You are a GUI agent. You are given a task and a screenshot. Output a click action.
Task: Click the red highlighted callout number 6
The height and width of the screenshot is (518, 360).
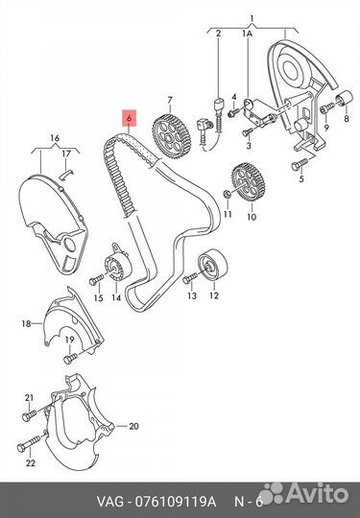[129, 118]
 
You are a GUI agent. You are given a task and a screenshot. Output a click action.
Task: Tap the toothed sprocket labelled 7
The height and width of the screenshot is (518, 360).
[172, 137]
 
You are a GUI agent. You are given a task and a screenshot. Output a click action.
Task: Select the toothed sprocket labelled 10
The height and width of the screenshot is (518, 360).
[249, 183]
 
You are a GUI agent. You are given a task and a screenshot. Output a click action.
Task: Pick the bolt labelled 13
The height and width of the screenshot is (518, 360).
[190, 278]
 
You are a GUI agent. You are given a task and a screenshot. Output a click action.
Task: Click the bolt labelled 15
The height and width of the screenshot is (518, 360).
[97, 280]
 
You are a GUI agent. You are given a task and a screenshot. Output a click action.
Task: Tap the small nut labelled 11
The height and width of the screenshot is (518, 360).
[228, 194]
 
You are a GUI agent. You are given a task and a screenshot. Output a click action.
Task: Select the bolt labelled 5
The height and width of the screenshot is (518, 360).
[300, 164]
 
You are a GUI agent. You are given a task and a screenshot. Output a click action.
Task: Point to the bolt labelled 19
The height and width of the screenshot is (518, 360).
[70, 358]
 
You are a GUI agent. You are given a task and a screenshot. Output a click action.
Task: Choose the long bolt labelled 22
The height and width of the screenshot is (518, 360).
[29, 444]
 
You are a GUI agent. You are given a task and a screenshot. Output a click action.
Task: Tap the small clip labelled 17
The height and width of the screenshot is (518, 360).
[67, 174]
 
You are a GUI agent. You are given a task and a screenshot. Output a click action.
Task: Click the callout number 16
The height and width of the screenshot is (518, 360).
[56, 138]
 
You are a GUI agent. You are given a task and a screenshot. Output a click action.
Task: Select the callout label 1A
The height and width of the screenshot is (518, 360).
[247, 33]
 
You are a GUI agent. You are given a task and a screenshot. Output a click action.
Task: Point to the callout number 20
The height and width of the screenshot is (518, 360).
[133, 426]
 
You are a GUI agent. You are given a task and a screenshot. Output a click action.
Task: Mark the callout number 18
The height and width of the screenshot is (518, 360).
[26, 323]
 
